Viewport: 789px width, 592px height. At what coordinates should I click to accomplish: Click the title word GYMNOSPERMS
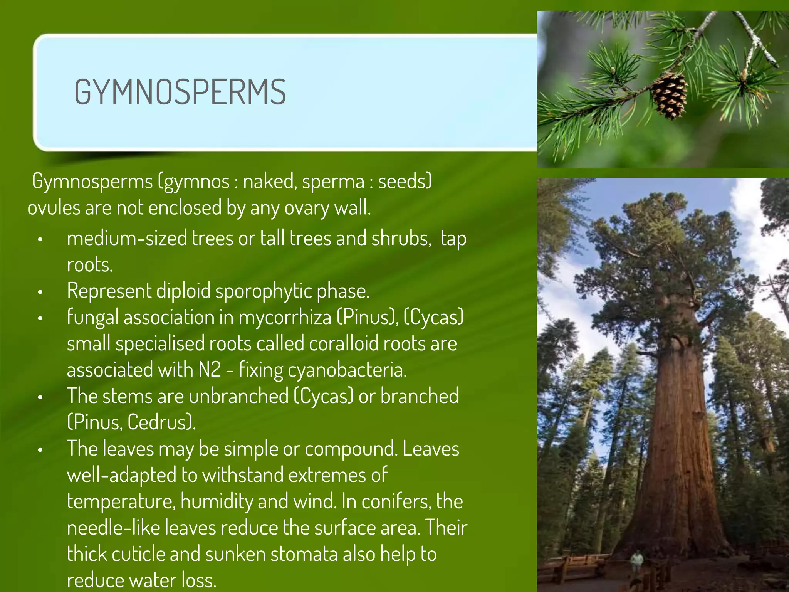pos(180,92)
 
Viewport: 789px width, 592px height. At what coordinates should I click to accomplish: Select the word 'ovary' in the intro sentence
pos(307,208)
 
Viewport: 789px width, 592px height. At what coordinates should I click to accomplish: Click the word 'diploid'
pos(183,291)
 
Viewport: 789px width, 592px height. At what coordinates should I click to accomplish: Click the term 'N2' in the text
pos(210,370)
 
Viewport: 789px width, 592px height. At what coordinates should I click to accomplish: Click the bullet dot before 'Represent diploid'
pos(40,292)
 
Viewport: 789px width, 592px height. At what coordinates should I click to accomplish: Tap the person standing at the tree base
pos(637,563)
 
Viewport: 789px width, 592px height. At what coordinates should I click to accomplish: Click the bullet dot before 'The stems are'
pos(40,397)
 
